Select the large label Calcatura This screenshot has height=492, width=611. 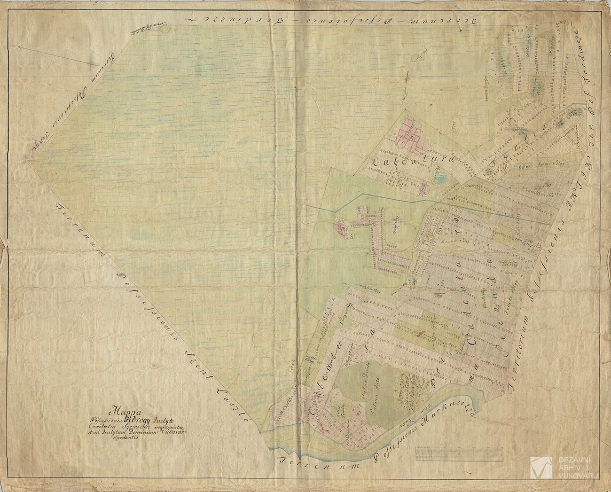414,161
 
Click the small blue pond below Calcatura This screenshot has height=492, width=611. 441,178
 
